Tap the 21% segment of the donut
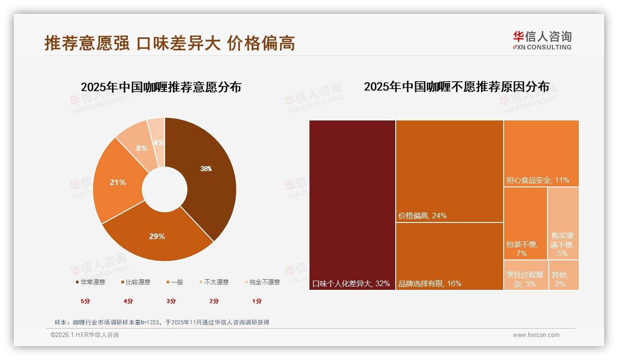click(x=118, y=182)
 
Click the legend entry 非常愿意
click(x=90, y=282)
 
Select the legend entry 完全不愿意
click(x=262, y=282)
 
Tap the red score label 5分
click(x=85, y=301)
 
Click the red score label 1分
click(x=257, y=301)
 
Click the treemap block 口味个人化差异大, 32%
click(x=352, y=205)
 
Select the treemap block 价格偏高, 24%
click(x=449, y=171)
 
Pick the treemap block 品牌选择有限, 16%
click(x=449, y=256)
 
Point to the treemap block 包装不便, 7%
click(x=525, y=223)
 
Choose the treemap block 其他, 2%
click(x=564, y=275)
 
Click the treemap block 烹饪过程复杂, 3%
click(x=526, y=275)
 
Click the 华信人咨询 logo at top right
click(x=542, y=40)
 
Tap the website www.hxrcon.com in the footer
click(x=536, y=335)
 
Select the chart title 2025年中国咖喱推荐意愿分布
click(x=161, y=87)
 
